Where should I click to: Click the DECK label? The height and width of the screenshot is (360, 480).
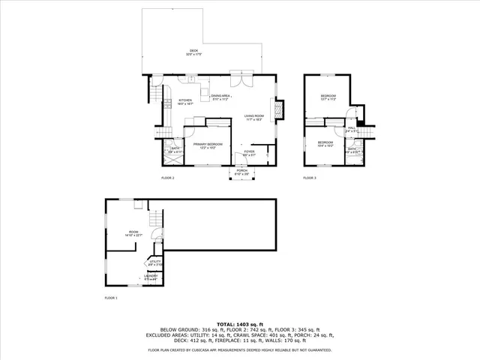[x=193, y=51]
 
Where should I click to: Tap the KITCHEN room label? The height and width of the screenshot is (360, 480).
[x=185, y=100]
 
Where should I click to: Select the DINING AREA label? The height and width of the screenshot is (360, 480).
[x=220, y=96]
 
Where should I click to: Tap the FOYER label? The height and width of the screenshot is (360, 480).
[x=248, y=152]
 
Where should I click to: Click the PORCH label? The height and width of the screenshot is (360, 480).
[x=242, y=171]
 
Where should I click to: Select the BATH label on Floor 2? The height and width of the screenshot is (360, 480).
[x=175, y=148]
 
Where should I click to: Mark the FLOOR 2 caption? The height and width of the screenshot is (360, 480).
[x=167, y=178]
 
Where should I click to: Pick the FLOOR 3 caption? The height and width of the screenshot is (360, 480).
[x=310, y=178]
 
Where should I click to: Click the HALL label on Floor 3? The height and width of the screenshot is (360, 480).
[x=350, y=128]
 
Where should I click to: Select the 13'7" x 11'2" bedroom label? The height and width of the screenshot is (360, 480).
[x=328, y=97]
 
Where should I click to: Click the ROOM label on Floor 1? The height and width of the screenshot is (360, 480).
[x=133, y=232]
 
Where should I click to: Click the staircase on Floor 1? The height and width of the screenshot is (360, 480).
[x=154, y=220]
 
